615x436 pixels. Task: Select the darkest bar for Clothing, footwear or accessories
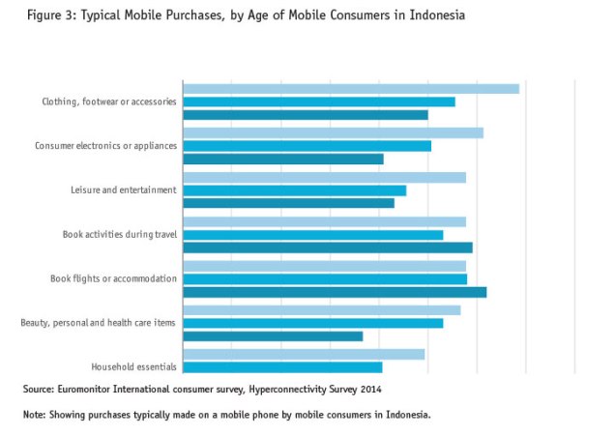(x=305, y=115)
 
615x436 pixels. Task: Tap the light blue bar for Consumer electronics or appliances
(x=333, y=132)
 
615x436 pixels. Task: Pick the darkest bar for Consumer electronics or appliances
(x=282, y=159)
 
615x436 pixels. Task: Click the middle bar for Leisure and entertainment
(x=294, y=190)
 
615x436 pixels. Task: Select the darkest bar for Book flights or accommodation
(x=334, y=292)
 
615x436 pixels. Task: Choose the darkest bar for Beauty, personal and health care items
(x=273, y=336)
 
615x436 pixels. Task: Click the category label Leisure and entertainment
(x=123, y=190)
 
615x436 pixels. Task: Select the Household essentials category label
(x=133, y=367)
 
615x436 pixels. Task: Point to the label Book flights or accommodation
(x=113, y=278)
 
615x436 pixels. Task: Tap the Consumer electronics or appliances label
(x=105, y=146)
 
